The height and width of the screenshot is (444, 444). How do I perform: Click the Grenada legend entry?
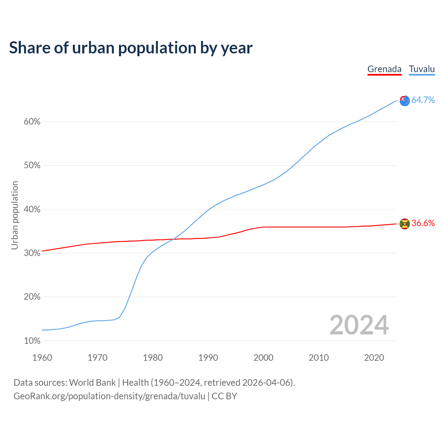(x=384, y=69)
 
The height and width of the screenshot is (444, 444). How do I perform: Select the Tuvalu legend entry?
(x=422, y=69)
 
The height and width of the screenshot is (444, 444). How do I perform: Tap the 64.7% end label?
(x=423, y=100)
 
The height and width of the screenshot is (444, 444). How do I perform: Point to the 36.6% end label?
(x=423, y=223)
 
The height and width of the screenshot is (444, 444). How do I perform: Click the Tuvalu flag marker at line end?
(x=404, y=101)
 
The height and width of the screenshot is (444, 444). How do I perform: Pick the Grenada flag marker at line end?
(x=404, y=224)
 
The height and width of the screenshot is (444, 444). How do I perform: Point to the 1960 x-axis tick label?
(x=42, y=358)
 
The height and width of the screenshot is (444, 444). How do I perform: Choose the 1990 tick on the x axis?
(x=208, y=358)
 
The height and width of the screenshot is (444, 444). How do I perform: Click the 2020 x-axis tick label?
(x=374, y=358)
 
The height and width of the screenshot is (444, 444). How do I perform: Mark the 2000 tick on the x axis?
(x=263, y=358)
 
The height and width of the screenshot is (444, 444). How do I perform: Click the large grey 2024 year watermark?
(x=359, y=325)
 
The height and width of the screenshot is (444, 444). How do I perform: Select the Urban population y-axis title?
(x=15, y=215)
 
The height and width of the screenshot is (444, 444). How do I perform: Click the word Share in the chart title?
(x=29, y=48)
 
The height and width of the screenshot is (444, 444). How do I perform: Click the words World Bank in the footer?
(x=92, y=383)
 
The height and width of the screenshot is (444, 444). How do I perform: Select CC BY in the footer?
(x=224, y=396)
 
